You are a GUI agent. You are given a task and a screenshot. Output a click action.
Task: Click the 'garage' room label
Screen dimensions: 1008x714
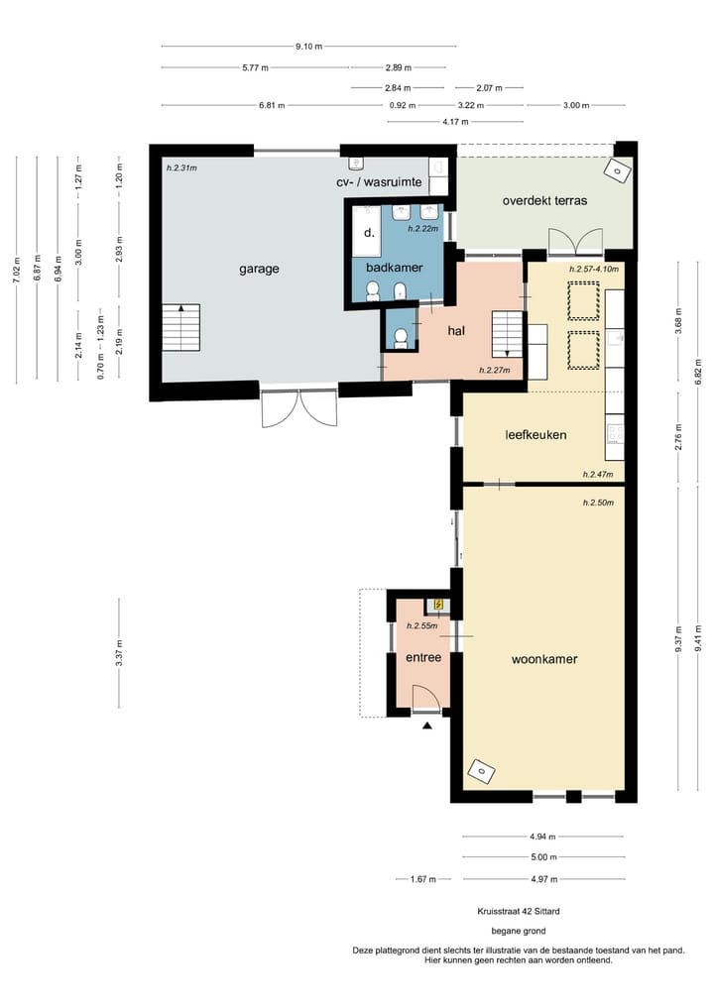click(x=259, y=269)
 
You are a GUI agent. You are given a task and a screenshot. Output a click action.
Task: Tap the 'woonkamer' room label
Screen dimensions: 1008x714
click(x=544, y=659)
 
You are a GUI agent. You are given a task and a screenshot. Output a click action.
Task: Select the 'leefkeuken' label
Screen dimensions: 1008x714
click(x=535, y=434)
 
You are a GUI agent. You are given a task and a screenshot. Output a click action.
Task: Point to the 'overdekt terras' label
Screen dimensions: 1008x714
click(x=544, y=200)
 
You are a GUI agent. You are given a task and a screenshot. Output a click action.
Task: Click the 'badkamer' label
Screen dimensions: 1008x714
click(x=395, y=268)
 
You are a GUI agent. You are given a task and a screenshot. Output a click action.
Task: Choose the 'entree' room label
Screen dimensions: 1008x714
click(x=423, y=657)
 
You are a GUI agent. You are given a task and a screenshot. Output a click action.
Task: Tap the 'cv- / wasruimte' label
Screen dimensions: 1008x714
click(x=379, y=183)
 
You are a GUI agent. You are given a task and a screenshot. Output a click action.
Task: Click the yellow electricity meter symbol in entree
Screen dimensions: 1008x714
click(x=438, y=604)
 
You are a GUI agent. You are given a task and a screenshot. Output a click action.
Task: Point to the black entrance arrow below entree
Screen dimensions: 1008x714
click(x=427, y=727)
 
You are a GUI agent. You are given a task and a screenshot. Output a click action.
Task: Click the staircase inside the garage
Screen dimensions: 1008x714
click(x=180, y=327)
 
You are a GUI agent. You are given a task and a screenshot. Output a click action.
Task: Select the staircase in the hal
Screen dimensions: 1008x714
click(x=508, y=333)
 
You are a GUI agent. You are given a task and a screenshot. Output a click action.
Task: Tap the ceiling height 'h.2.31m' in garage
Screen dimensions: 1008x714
click(x=182, y=168)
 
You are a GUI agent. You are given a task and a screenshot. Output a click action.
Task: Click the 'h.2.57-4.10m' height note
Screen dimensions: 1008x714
click(x=593, y=269)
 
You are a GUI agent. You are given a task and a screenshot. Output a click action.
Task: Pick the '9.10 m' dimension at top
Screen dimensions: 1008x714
click(x=308, y=46)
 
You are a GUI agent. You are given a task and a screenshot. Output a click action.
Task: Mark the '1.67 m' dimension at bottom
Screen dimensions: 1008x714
click(x=423, y=878)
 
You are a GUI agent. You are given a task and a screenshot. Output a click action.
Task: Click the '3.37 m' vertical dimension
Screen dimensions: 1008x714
click(x=119, y=653)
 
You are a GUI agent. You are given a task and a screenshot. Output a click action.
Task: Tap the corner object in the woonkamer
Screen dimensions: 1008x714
click(x=481, y=770)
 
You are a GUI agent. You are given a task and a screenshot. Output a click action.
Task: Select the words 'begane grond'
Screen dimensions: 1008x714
click(x=518, y=931)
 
